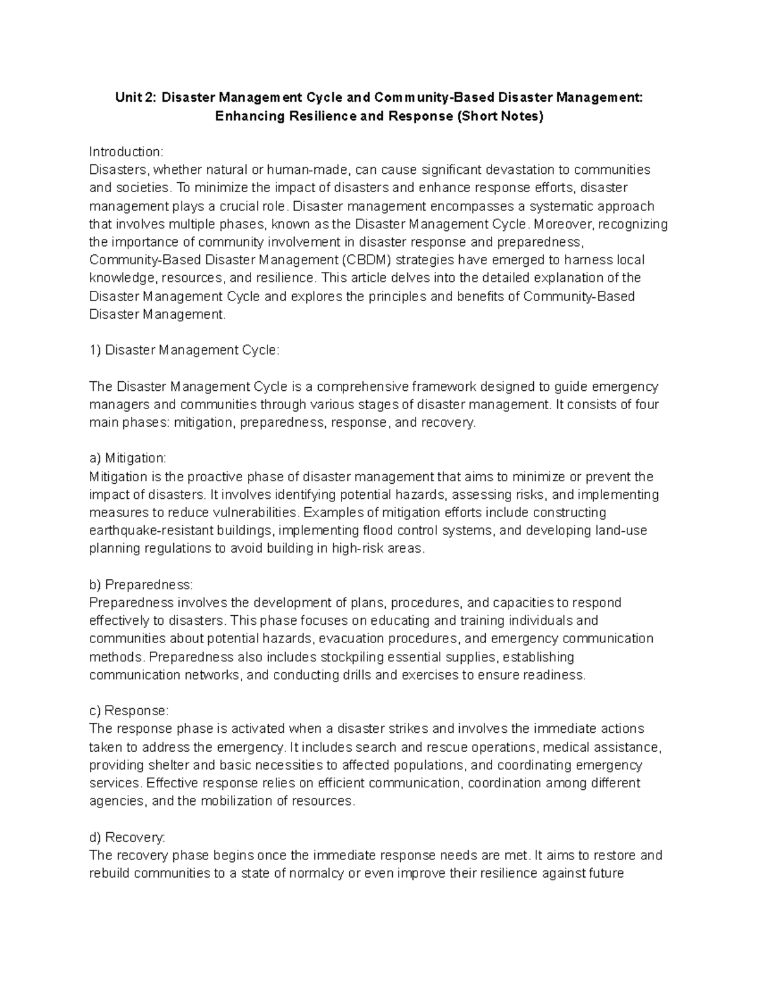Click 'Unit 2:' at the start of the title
(135, 97)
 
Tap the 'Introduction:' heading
(126, 152)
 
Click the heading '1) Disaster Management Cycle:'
(183, 350)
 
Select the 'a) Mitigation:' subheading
(127, 458)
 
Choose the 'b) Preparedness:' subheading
(140, 584)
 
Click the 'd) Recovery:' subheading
(127, 837)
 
